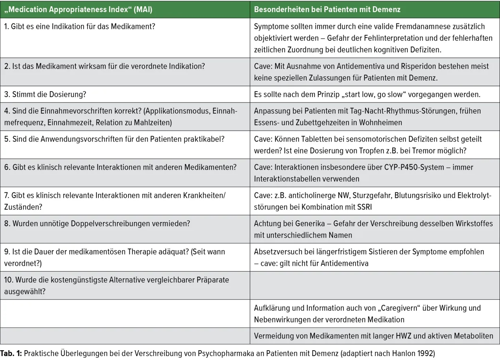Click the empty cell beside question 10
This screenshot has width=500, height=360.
(375, 286)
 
